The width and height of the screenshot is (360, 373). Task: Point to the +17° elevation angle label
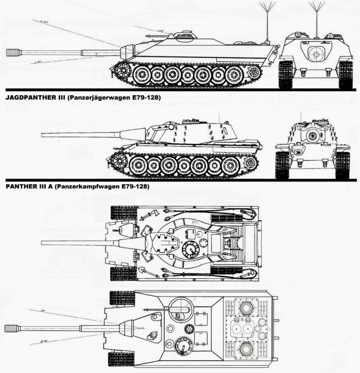click(43, 22)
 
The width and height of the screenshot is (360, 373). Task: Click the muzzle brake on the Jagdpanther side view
click(14, 52)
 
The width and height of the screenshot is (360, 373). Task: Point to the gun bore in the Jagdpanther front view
click(315, 54)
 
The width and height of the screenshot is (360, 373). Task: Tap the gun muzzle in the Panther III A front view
click(312, 135)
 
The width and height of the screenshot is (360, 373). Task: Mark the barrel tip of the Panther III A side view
click(43, 134)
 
